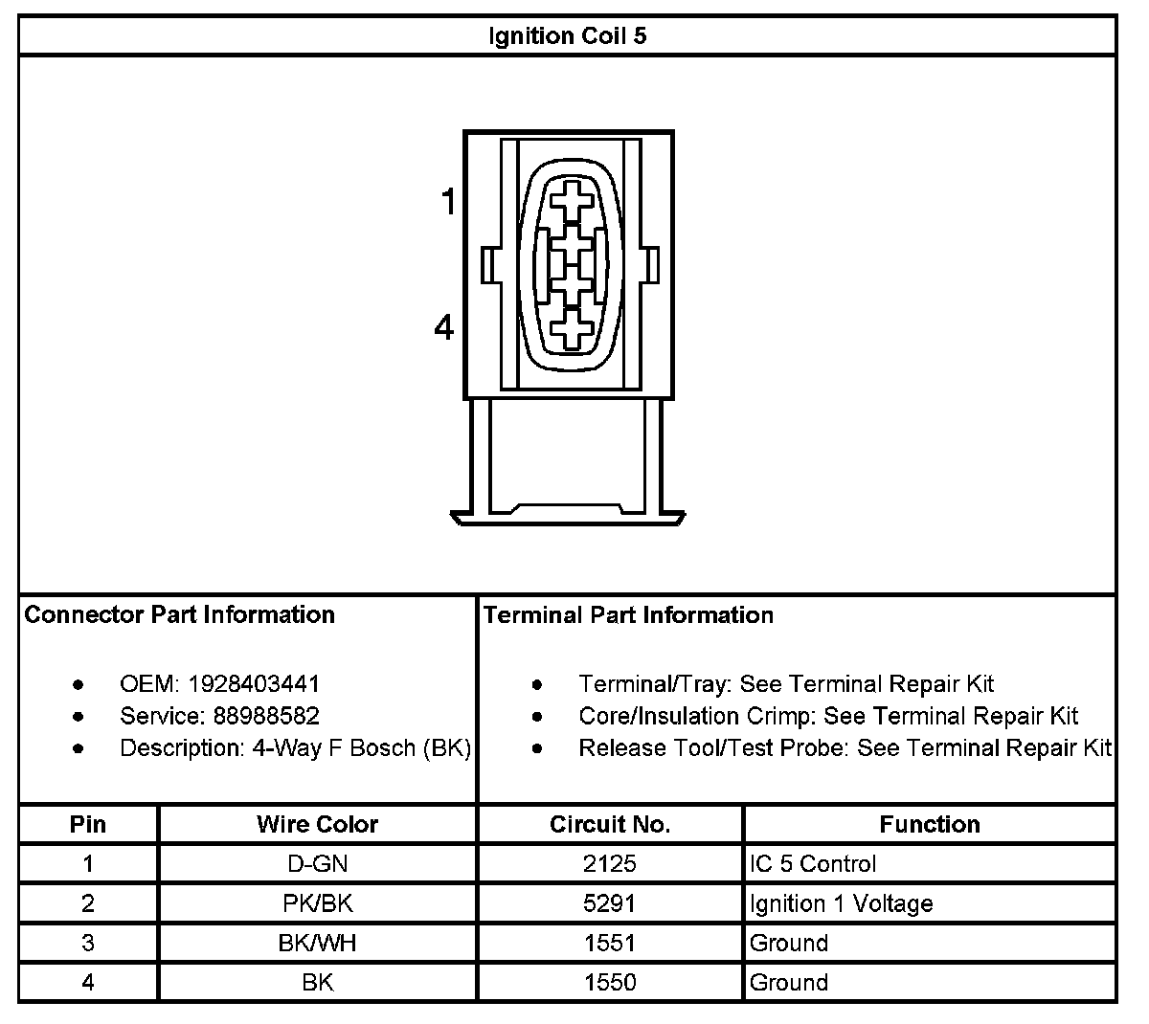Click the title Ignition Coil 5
click(568, 36)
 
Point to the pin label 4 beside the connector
click(444, 328)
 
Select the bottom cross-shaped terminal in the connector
click(573, 329)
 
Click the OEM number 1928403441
click(254, 684)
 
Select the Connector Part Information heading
click(180, 614)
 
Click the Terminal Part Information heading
click(628, 614)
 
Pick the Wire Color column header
click(317, 824)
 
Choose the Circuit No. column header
click(610, 824)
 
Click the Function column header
click(929, 824)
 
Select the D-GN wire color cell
click(317, 864)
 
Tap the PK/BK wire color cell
click(317, 903)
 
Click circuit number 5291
click(610, 903)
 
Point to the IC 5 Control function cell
click(813, 864)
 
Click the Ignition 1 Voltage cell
click(841, 903)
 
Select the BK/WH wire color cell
click(317, 943)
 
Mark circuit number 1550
click(610, 982)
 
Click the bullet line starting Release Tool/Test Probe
click(845, 747)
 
